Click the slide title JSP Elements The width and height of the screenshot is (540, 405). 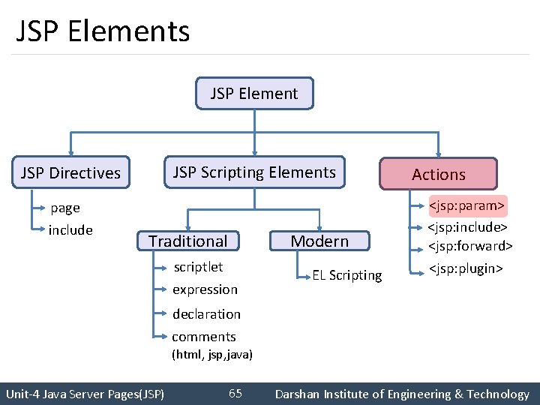pos(103,31)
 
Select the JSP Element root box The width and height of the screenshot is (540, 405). pos(254,94)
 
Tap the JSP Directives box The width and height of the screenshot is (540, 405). pos(71,172)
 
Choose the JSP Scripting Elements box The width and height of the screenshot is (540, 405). pos(254,172)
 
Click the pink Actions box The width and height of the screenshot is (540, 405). pos(439,174)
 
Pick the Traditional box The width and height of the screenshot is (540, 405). pos(187,241)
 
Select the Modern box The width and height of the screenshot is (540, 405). pos(319,241)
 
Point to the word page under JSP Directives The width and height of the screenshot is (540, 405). pos(65,208)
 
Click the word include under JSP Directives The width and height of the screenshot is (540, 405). pos(70,230)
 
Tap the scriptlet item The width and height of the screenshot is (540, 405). pos(198,267)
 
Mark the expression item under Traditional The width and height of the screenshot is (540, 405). pos(205,289)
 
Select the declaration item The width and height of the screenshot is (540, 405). pos(206,314)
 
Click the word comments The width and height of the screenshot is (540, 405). pos(204,337)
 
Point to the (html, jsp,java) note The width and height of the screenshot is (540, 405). pos(212,354)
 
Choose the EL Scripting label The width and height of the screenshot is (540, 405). pos(347,275)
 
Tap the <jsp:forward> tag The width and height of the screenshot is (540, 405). pos(470,245)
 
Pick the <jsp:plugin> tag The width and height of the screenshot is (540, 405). pos(465,268)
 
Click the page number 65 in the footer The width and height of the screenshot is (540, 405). pos(235,394)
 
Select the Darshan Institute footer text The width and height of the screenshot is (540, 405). pos(402,394)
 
